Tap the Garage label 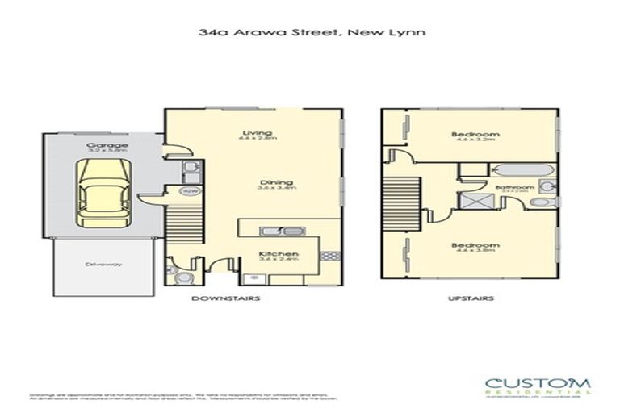point(102,146)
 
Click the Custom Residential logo point(537,386)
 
